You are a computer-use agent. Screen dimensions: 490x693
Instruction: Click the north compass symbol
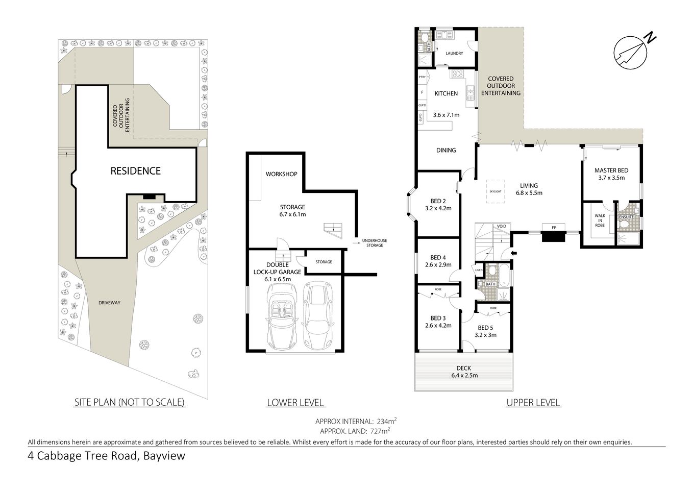631,51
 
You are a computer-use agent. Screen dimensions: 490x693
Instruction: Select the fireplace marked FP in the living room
554,236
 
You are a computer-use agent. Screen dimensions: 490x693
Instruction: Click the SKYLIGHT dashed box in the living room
495,191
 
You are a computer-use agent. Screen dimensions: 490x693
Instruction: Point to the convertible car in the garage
281,316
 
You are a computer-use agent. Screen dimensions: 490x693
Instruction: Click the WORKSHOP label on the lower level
281,174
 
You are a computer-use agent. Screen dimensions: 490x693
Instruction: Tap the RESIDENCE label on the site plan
136,171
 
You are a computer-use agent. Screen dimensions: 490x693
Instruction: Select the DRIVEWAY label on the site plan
110,303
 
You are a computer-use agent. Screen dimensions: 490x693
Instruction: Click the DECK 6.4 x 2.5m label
464,372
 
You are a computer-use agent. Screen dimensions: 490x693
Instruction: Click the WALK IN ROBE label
599,220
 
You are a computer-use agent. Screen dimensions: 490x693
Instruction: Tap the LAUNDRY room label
454,53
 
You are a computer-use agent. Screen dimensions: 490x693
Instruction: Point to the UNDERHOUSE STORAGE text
372,243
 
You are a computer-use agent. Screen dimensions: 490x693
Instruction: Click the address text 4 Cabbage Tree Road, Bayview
106,456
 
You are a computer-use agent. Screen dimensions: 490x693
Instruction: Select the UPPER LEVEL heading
533,403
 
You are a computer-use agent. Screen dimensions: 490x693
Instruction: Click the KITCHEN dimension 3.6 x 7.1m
446,115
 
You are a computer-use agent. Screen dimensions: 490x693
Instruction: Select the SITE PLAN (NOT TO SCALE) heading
130,402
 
